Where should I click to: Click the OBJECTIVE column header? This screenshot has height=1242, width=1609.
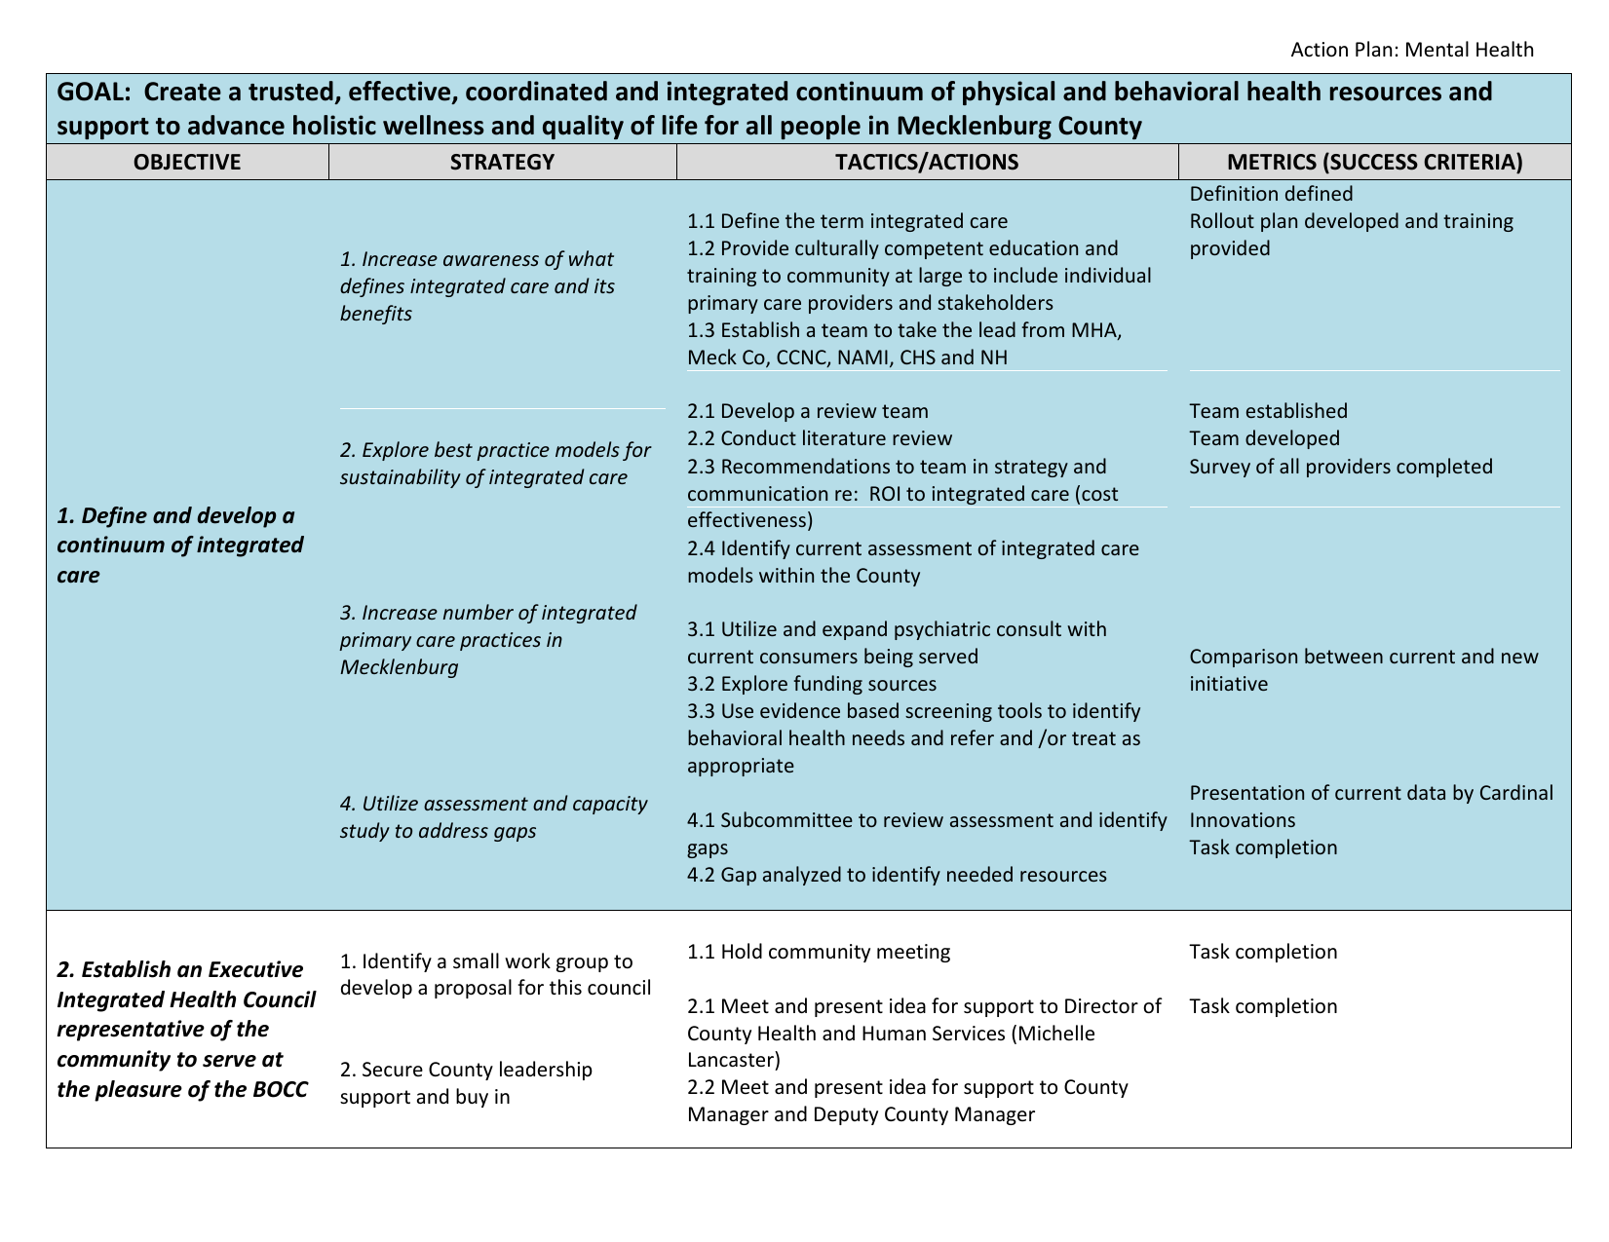tap(187, 163)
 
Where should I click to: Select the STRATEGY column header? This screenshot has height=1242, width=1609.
tap(502, 163)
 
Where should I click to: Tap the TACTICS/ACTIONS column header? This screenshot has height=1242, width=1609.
tap(927, 163)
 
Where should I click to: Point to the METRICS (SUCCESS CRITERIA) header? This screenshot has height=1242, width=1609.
tap(1374, 163)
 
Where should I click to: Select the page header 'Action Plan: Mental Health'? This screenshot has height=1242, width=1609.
tap(1411, 50)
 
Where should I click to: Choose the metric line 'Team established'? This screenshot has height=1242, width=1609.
tap(1268, 412)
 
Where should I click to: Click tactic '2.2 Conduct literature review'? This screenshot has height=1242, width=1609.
tap(819, 439)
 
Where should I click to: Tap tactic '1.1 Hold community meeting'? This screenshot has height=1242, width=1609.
tap(818, 952)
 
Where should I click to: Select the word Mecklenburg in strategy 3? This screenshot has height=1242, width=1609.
tap(399, 667)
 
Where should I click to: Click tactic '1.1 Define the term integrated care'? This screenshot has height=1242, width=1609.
tap(847, 221)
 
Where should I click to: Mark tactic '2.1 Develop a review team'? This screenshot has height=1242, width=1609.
tap(807, 412)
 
